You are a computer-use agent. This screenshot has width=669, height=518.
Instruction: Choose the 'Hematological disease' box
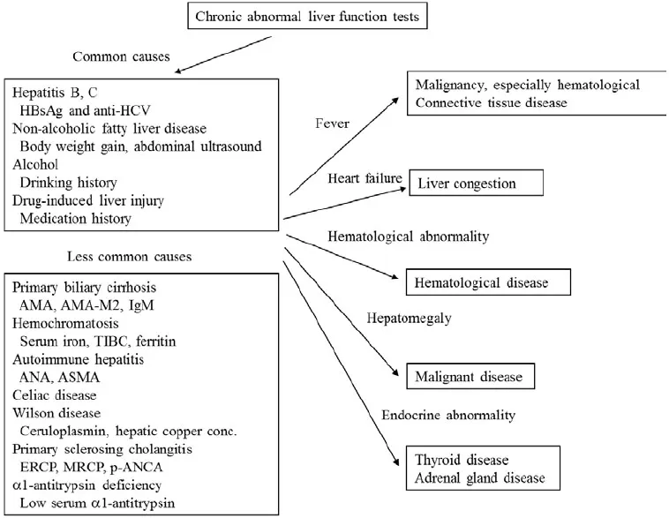click(x=483, y=283)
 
